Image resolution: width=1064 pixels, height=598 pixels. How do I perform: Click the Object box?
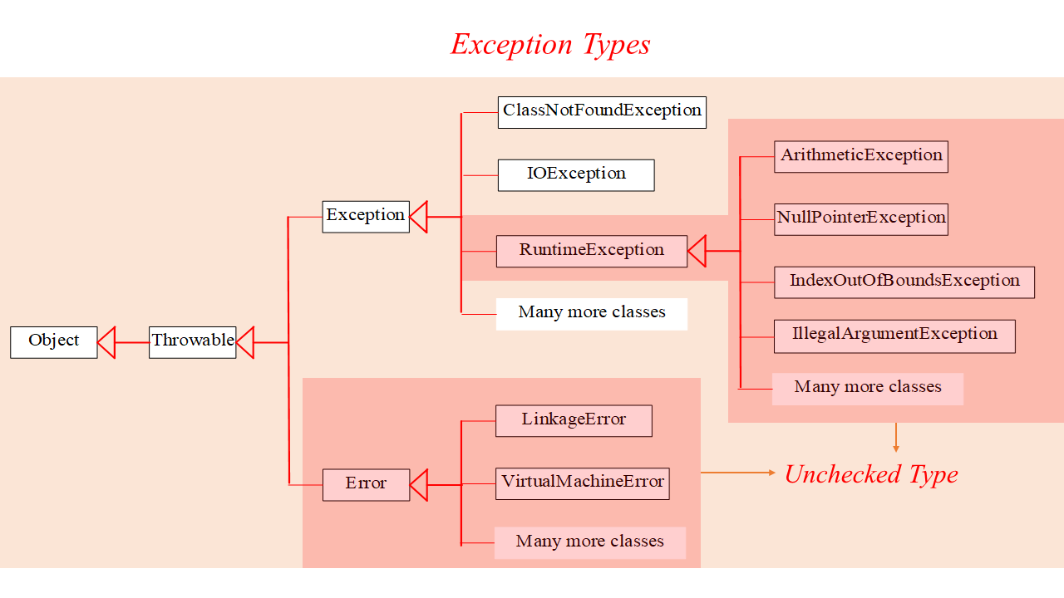(53, 341)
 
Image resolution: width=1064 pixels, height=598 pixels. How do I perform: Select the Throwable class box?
(192, 341)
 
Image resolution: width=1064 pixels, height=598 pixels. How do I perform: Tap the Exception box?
(366, 216)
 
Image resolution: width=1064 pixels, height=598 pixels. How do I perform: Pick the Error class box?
(366, 484)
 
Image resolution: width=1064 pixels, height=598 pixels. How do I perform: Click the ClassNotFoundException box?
(602, 111)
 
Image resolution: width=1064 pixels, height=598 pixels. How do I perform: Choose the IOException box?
(576, 174)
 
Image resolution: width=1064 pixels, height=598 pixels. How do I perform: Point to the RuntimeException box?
(591, 251)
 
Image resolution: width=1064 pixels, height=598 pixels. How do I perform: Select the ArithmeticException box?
(860, 156)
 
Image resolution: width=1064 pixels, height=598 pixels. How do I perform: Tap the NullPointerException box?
(860, 218)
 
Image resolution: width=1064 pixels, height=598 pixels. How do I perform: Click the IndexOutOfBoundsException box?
(904, 282)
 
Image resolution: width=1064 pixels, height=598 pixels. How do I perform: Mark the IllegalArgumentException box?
(894, 336)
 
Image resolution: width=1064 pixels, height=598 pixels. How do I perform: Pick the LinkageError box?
(574, 420)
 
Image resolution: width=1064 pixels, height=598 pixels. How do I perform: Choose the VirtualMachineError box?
(582, 483)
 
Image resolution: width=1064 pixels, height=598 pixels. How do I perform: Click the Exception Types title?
(550, 44)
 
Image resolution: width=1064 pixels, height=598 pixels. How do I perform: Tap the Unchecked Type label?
(871, 474)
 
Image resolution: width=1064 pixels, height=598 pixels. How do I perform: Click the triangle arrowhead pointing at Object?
(106, 341)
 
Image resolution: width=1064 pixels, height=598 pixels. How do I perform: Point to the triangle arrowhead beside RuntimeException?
(697, 251)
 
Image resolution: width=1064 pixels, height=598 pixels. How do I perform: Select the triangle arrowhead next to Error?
(419, 484)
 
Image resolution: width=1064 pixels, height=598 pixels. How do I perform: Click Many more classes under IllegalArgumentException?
(867, 388)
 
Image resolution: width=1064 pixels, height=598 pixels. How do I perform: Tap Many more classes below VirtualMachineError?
(589, 542)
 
